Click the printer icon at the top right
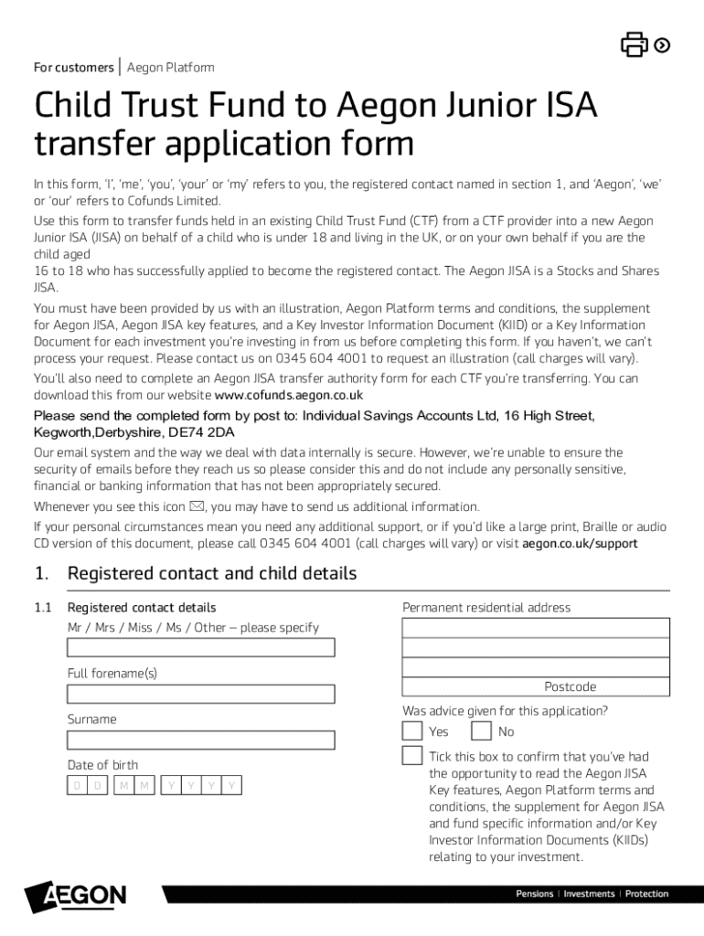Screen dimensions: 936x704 pos(635,45)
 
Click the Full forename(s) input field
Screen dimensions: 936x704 pos(201,694)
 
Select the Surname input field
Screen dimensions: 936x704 pos(201,739)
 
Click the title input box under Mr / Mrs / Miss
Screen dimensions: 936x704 pos(201,648)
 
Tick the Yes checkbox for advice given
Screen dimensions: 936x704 pos(412,731)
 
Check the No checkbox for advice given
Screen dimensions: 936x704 pos(481,731)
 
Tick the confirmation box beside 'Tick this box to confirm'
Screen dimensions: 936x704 pos(412,756)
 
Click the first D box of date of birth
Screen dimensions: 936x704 pos(78,785)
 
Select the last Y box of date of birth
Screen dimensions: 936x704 pos(232,785)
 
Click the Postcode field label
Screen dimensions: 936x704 pos(570,686)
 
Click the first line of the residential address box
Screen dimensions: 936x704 pos(536,628)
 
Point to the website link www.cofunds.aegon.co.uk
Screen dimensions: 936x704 pos(289,396)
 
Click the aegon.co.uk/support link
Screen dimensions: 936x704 pos(580,544)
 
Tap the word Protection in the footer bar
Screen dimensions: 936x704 pos(646,894)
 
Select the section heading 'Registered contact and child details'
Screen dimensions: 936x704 pos(212,574)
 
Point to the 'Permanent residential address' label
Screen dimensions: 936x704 pos(486,608)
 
